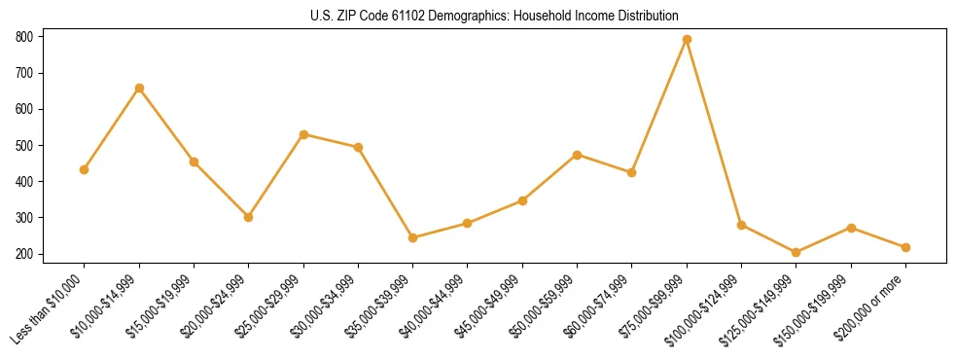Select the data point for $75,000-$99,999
(x=687, y=39)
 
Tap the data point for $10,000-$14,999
(x=139, y=88)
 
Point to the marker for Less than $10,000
(x=85, y=169)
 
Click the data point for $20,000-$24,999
(x=249, y=217)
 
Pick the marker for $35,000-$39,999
(x=413, y=237)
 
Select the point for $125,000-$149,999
(x=797, y=252)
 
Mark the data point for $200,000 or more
(x=905, y=247)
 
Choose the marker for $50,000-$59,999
(x=578, y=155)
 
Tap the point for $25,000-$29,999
(x=303, y=134)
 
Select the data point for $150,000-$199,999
(x=851, y=228)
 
